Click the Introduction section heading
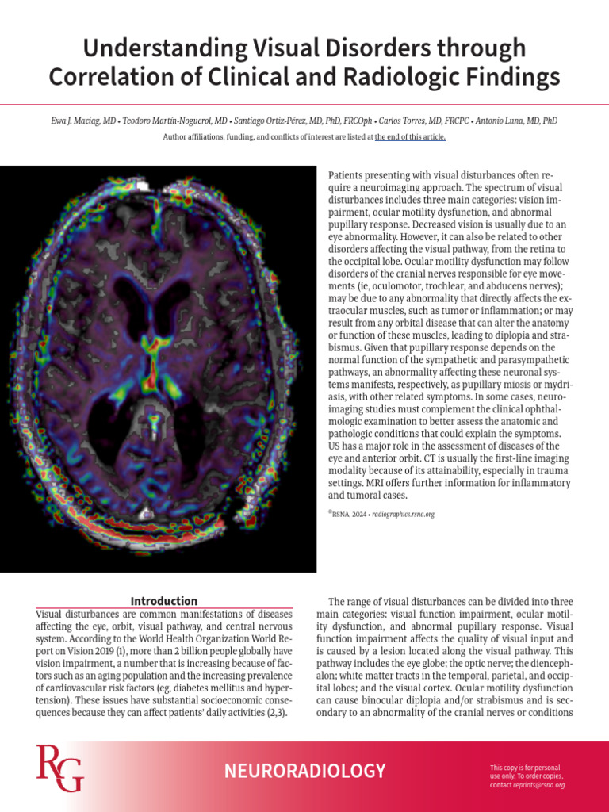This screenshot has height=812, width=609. pos(164,601)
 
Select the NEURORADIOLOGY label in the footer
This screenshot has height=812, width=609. pos(304,771)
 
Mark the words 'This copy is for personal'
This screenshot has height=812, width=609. pos(525,768)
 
